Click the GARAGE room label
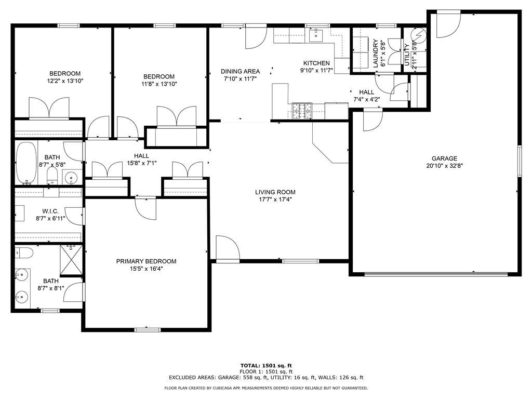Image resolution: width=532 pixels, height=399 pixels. pos(444,158)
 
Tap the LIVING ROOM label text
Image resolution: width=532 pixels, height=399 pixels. pos(275,192)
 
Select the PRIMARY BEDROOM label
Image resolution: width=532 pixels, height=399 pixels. pos(146,261)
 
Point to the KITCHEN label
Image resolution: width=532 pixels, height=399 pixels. pos(316,63)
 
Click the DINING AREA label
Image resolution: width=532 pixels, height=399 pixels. pos(240,71)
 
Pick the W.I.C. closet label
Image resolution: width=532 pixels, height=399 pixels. pos(50,211)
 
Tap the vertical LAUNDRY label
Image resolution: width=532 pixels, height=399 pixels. pos(376,54)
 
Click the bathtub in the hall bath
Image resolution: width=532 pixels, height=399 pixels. pos(26,163)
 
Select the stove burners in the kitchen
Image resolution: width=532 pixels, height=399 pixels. pos(302,111)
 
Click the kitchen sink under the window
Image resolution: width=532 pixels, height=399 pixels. pos(315,35)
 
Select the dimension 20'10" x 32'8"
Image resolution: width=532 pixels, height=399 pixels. pos(445,166)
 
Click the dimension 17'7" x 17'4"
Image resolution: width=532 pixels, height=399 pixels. pos(275,199)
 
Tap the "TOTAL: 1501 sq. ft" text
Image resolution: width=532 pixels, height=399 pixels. pos(266,366)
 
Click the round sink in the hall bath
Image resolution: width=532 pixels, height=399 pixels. pos(71,177)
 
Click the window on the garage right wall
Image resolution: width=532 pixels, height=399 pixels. pos(519,161)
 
